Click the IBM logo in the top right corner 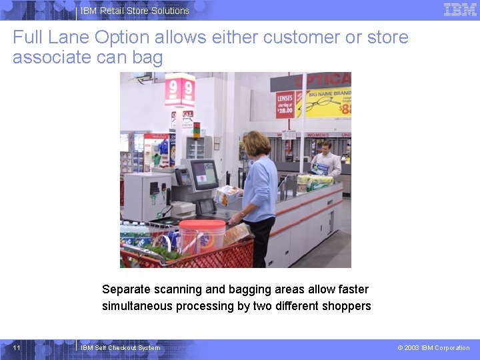460,9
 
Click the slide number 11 17,347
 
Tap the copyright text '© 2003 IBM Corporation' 433,348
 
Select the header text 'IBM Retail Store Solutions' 135,11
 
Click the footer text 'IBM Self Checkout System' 120,348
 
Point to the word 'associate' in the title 51,57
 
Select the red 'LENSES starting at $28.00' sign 285,104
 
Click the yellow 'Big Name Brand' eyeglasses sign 323,102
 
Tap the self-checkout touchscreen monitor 204,175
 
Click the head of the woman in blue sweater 257,143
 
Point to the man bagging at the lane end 325,160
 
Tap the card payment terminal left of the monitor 182,177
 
